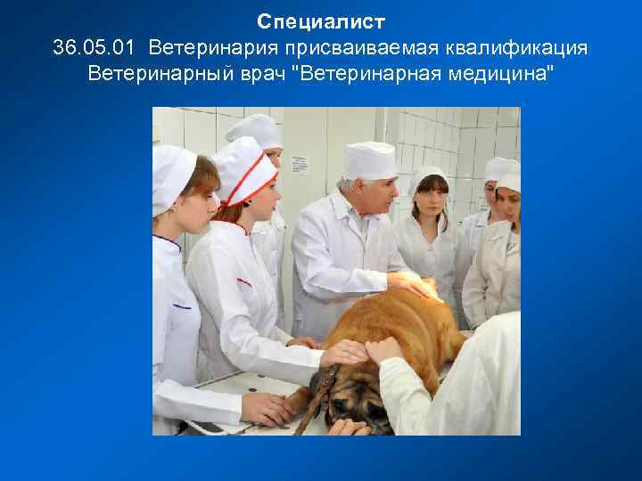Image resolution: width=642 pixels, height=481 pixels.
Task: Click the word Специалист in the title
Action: pos(321,20)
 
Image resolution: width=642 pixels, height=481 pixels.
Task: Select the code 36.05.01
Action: pos(95,46)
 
